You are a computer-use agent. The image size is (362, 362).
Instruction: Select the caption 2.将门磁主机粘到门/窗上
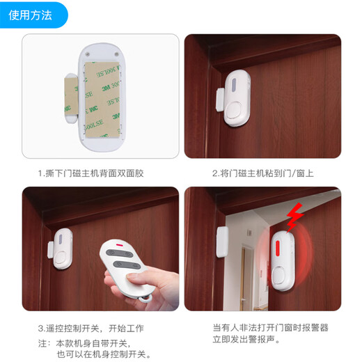tap(262, 173)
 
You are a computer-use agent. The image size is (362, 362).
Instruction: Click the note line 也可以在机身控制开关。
tap(104, 354)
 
